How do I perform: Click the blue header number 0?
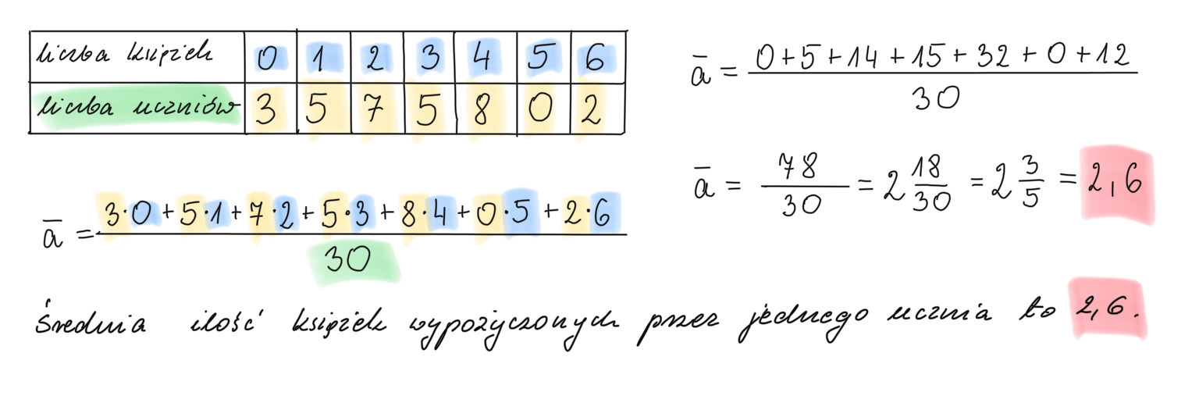coord(268,59)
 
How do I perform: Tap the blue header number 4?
coord(483,59)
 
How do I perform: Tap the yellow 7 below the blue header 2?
coord(375,112)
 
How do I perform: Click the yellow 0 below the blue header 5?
coord(539,112)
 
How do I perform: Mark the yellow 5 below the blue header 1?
coord(316,111)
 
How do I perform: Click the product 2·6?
coord(591,213)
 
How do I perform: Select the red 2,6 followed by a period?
coord(1110,308)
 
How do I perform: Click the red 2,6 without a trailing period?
coord(1115,184)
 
